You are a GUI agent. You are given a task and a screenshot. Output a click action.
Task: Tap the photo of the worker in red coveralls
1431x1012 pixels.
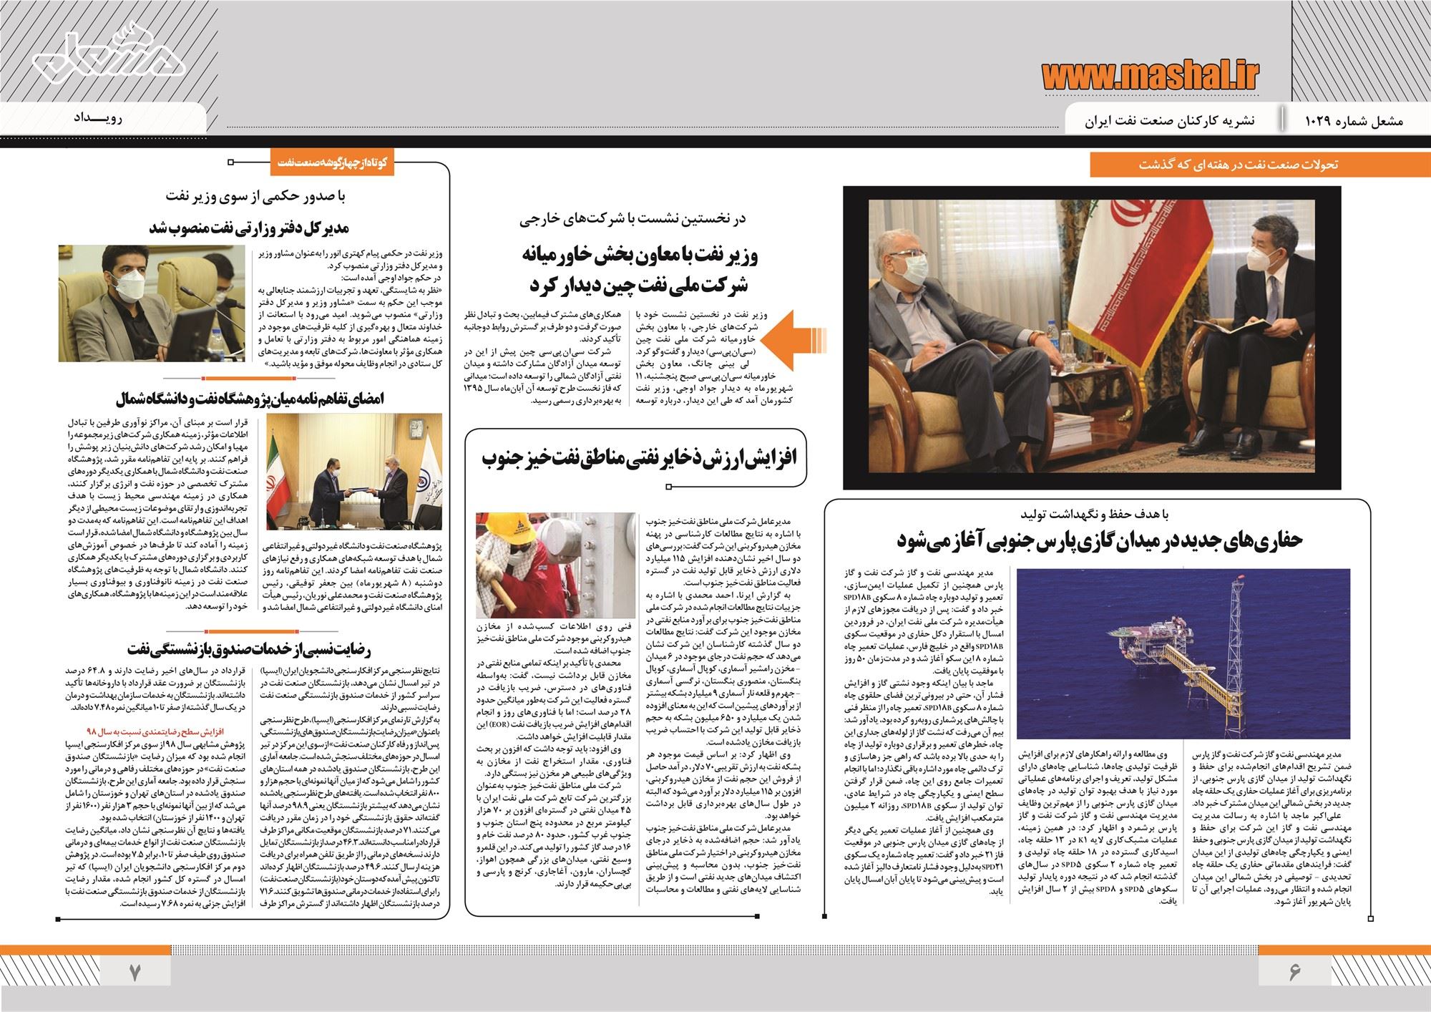[531, 565]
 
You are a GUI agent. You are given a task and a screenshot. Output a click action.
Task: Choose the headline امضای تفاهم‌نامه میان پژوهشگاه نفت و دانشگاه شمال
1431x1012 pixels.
[248, 399]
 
